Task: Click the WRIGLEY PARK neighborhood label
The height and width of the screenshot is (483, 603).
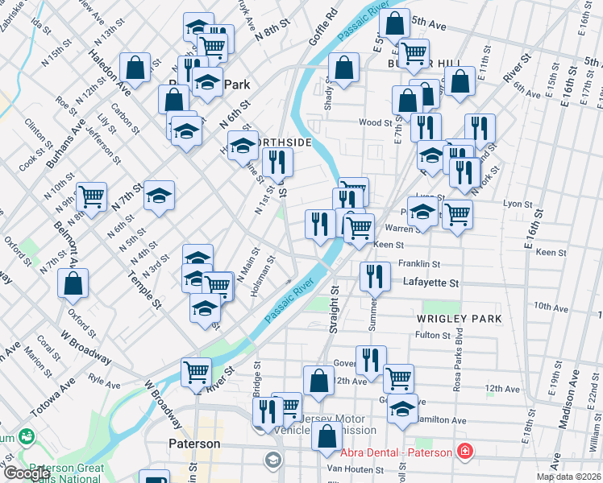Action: click(459, 319)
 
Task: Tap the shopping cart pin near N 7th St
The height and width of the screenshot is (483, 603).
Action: click(92, 196)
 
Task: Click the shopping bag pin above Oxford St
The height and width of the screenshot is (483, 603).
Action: click(73, 284)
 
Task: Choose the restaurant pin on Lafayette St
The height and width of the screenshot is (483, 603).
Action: click(373, 277)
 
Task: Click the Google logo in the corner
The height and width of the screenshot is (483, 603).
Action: click(27, 473)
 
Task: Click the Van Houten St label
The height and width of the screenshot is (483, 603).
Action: click(369, 469)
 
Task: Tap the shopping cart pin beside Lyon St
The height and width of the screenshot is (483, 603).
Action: click(457, 213)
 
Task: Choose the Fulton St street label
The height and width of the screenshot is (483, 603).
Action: click(432, 335)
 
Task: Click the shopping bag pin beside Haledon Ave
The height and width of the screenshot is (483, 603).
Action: click(135, 68)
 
